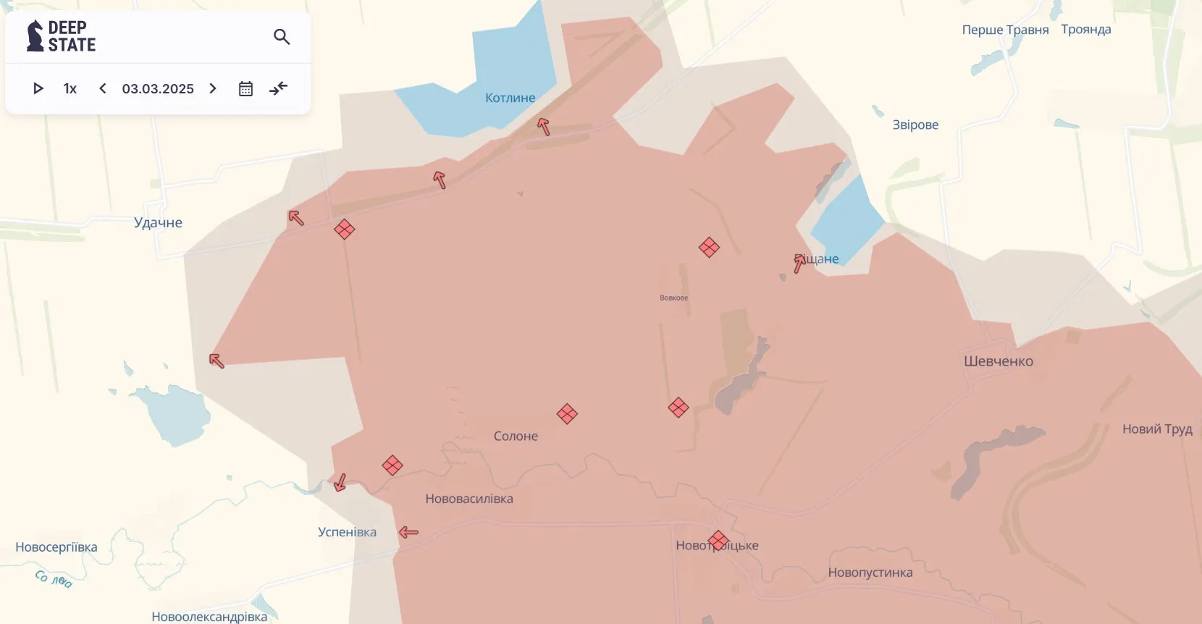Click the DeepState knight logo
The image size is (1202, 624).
pyautogui.click(x=35, y=36)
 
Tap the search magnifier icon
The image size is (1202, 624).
pyautogui.click(x=282, y=36)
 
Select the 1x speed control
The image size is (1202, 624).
pyautogui.click(x=70, y=88)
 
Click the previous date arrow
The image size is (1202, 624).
pyautogui.click(x=103, y=88)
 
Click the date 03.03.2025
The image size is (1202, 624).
pyautogui.click(x=158, y=88)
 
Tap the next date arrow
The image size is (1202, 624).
pyautogui.click(x=213, y=88)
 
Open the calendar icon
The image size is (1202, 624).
pyautogui.click(x=245, y=88)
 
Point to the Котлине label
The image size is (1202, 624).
pyautogui.click(x=510, y=98)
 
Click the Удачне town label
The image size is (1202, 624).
pyautogui.click(x=158, y=222)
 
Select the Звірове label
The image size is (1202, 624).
pyautogui.click(x=915, y=125)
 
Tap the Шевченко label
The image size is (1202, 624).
pyautogui.click(x=998, y=361)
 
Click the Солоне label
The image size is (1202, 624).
pyautogui.click(x=516, y=436)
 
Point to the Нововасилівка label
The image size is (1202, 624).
pyautogui.click(x=469, y=499)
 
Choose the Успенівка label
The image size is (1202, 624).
pyautogui.click(x=347, y=532)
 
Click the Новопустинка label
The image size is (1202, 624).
pyautogui.click(x=870, y=573)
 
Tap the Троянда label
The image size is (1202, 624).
pyautogui.click(x=1085, y=30)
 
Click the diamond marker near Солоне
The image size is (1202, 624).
pyautogui.click(x=567, y=414)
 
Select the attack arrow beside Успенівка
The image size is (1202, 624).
pyautogui.click(x=409, y=532)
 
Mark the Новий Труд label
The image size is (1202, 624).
pyautogui.click(x=1157, y=429)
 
